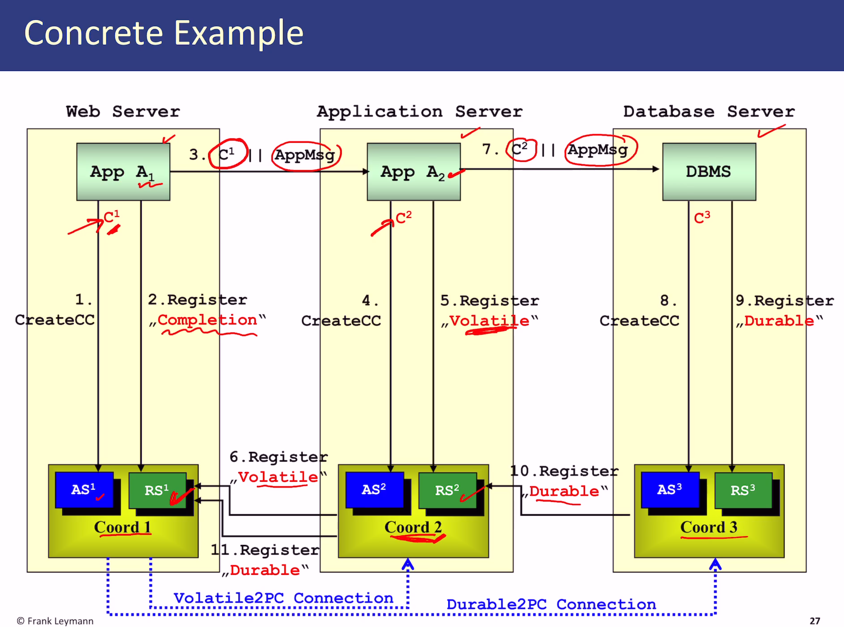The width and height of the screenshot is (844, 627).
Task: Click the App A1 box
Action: point(123,171)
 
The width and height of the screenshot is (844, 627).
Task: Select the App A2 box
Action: point(413,171)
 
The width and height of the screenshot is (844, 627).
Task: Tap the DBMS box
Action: point(709,171)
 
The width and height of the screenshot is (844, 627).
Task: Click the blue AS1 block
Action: point(84,490)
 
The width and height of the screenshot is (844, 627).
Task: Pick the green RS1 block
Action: point(157,490)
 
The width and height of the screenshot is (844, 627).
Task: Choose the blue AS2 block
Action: point(374,490)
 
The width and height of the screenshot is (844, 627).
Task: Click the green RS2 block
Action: point(447,490)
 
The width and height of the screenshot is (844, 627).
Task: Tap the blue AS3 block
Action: point(670,490)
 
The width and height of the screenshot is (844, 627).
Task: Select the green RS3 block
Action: point(743,490)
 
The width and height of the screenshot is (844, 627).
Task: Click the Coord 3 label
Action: point(709,527)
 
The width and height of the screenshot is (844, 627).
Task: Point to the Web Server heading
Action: point(123,112)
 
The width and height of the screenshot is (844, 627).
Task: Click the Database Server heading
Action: point(709,112)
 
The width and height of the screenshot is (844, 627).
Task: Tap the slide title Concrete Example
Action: point(164,33)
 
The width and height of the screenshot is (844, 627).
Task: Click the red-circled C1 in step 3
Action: point(227,154)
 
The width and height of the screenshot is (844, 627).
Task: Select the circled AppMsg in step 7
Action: point(598,150)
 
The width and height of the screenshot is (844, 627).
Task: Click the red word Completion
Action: point(207,320)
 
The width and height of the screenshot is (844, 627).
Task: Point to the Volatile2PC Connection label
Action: point(283,598)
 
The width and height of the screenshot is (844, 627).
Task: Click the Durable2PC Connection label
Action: point(551,604)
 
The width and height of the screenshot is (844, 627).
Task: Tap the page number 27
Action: point(815,620)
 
